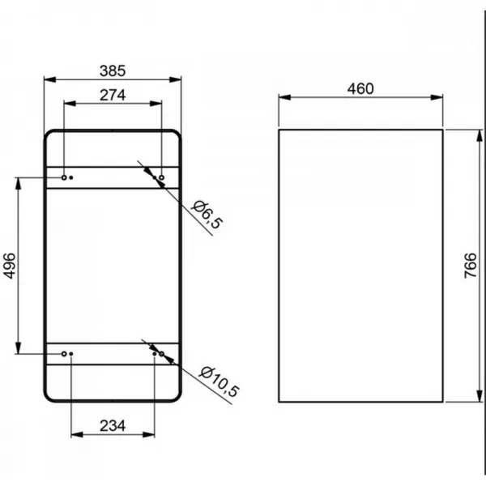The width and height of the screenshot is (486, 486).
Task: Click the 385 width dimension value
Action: point(113,71)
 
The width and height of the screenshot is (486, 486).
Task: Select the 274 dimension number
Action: point(113,95)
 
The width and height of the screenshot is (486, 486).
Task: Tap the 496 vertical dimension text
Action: point(9,266)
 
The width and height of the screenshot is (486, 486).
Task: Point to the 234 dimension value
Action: point(113,426)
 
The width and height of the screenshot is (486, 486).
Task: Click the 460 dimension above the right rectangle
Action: point(360,89)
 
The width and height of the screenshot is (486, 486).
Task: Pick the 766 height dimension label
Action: point(470,266)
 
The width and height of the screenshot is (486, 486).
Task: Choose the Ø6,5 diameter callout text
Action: point(207,215)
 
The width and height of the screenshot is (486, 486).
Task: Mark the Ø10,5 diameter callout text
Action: point(219,382)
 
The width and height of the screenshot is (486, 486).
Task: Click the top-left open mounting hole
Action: point(64,177)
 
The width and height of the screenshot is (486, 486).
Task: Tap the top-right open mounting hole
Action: point(161,177)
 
